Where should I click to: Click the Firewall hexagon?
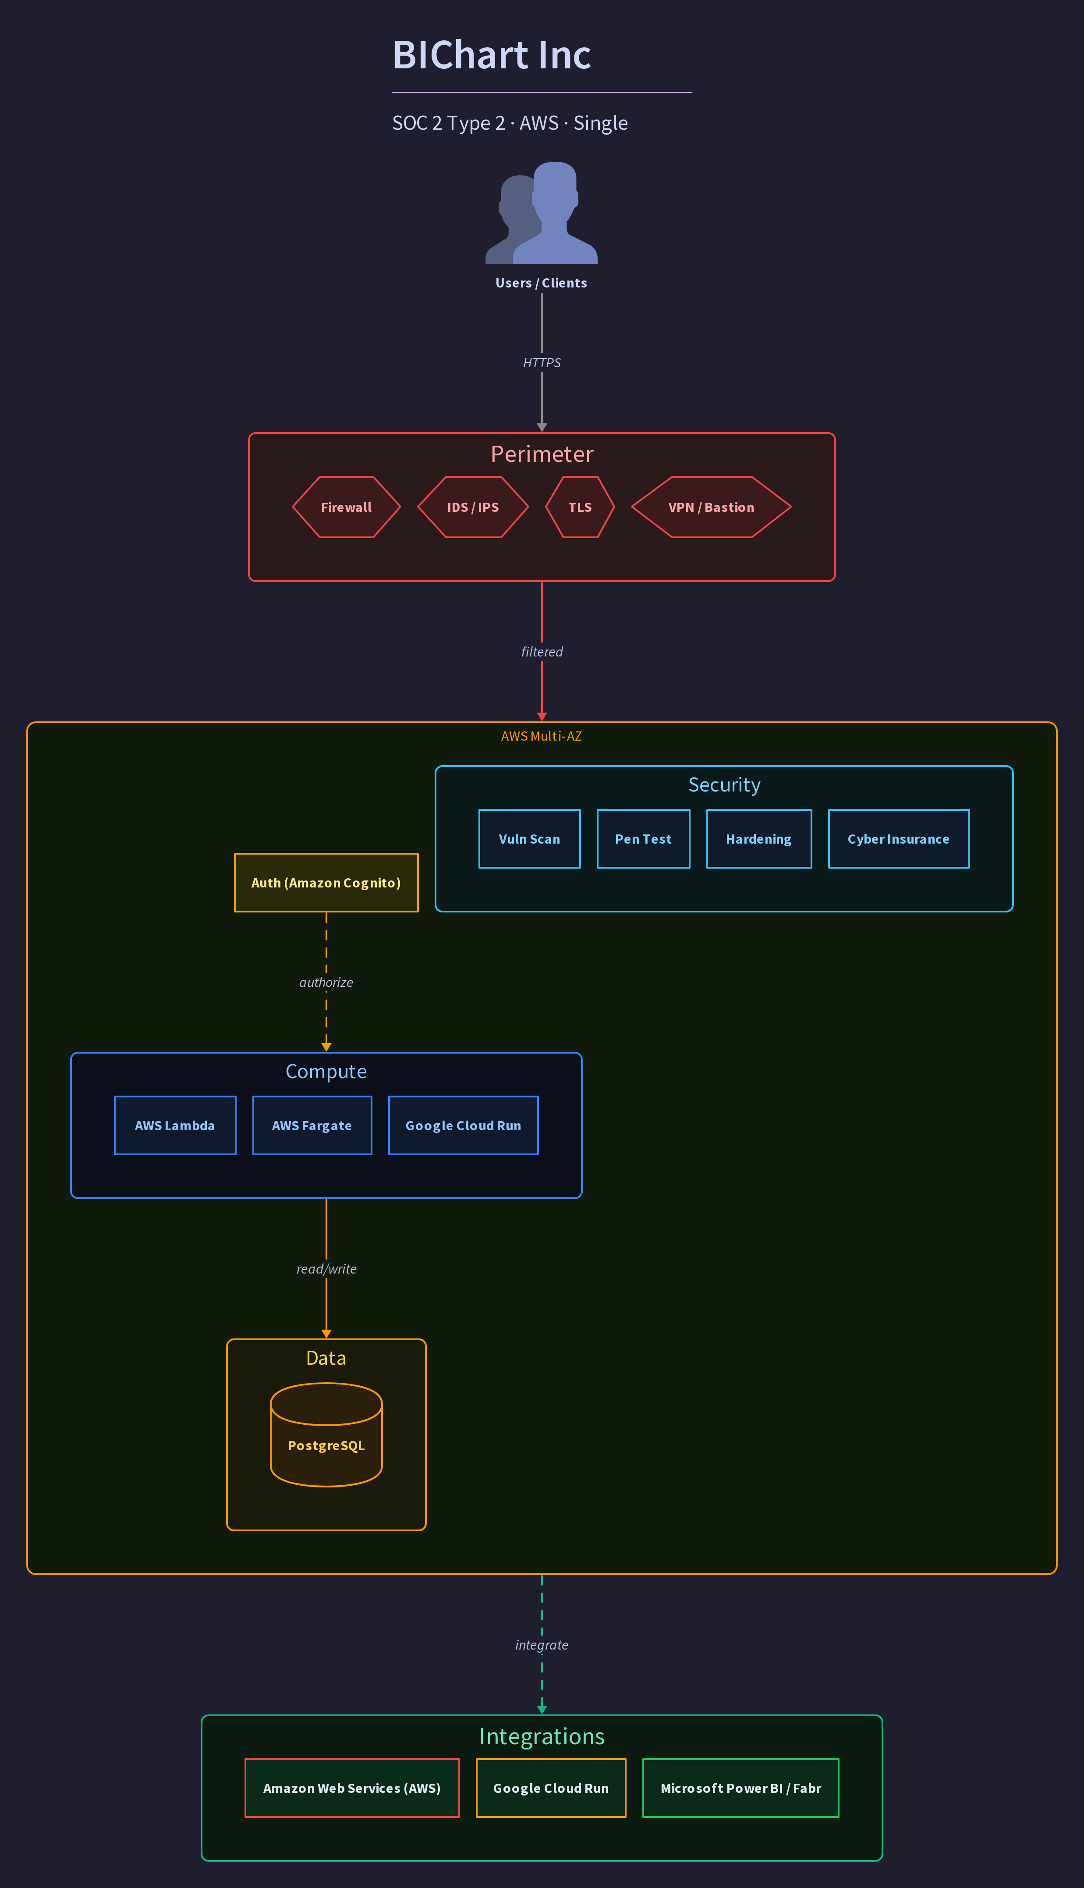[x=346, y=507]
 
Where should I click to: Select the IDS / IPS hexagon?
[x=473, y=507]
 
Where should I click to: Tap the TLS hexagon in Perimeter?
[x=580, y=507]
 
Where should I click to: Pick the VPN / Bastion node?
[x=711, y=507]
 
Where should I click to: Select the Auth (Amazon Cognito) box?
[x=326, y=882]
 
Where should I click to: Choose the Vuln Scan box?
[x=529, y=839]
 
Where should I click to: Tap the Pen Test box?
[x=643, y=839]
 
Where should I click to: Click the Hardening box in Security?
[x=758, y=839]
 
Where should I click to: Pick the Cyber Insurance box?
[x=899, y=839]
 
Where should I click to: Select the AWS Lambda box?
[x=175, y=1125]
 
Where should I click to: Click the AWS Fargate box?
[x=312, y=1125]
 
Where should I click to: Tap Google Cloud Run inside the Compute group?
[x=463, y=1125]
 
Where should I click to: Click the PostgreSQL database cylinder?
[x=326, y=1434]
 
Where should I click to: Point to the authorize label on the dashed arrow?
[x=326, y=982]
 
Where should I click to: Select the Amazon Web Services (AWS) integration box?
[x=352, y=1788]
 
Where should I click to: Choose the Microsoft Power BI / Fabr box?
[x=741, y=1788]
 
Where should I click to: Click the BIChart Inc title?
[x=491, y=55]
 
